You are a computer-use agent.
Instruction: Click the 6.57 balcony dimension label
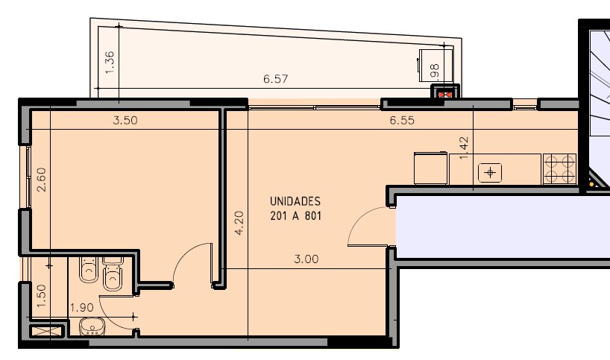[275, 79]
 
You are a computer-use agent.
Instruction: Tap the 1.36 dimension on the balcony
[110, 62]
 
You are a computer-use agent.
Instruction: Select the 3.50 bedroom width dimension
[125, 121]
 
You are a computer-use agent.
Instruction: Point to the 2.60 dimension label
[41, 180]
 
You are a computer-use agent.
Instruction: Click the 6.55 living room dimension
[402, 121]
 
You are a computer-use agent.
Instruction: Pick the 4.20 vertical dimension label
[239, 223]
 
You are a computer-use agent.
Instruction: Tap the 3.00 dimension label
[306, 259]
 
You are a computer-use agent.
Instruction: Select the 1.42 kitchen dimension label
[464, 148]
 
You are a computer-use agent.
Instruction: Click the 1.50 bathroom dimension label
[41, 296]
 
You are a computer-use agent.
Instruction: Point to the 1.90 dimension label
[82, 308]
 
